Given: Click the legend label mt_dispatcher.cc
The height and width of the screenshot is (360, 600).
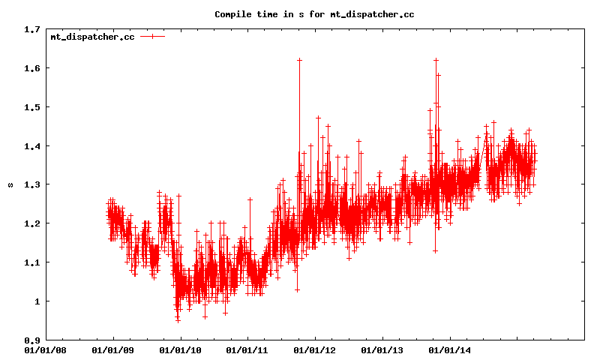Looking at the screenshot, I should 92,37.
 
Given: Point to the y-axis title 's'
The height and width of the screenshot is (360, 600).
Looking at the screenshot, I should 10,184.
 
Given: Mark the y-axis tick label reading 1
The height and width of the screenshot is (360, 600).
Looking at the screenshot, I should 37,301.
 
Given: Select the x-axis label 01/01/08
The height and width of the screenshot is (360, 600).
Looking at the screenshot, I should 46,349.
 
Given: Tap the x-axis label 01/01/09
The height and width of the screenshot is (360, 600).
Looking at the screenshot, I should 112,349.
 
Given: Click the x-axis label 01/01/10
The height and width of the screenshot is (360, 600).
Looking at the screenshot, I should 180,349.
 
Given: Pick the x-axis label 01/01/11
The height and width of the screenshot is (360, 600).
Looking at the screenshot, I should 247,349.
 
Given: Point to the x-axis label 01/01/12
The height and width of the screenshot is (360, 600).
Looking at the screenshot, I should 315,349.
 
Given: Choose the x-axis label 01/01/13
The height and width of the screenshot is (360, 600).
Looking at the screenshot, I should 382,349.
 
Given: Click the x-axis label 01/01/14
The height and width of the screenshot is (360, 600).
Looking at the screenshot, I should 450,349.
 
